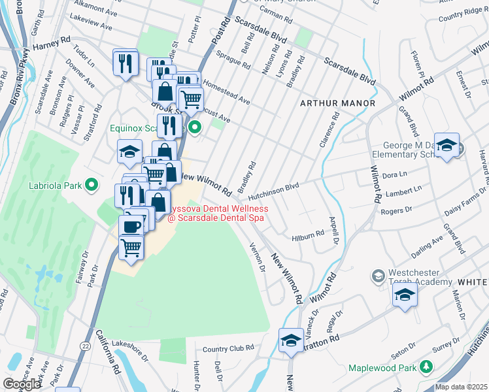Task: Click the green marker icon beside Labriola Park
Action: click(x=92, y=185)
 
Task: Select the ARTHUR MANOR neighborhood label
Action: click(x=337, y=103)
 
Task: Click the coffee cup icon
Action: click(x=131, y=226)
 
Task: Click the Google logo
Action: click(x=22, y=384)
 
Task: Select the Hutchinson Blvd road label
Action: click(x=273, y=186)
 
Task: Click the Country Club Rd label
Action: click(x=228, y=348)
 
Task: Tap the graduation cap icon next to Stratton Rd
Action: click(x=290, y=340)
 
